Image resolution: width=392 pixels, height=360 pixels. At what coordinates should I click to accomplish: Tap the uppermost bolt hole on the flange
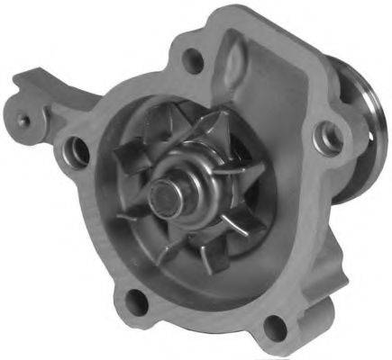tap(191, 60)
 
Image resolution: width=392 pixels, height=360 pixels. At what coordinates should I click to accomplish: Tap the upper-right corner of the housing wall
tap(297, 45)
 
